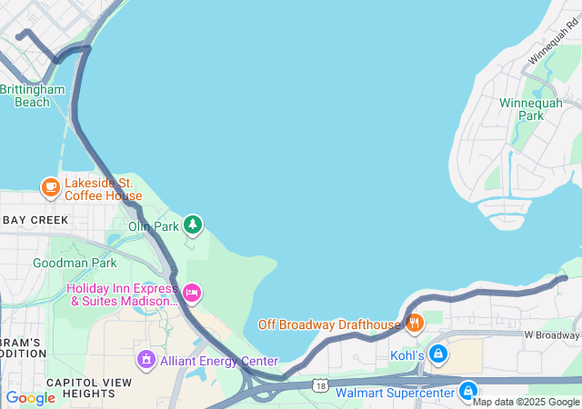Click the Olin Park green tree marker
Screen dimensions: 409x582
click(x=192, y=224)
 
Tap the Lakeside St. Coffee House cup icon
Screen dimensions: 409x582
click(x=50, y=187)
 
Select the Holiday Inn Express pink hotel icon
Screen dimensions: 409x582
click(x=191, y=293)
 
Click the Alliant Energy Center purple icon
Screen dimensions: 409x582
click(x=145, y=361)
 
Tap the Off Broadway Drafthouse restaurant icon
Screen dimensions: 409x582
click(x=415, y=324)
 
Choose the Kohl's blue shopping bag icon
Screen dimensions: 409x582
click(x=438, y=353)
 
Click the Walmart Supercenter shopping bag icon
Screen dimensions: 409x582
click(x=467, y=390)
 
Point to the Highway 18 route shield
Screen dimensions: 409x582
click(x=320, y=385)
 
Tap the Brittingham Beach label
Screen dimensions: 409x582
click(x=33, y=95)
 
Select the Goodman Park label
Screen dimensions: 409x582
click(x=75, y=263)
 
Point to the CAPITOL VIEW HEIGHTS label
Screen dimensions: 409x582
click(x=81, y=388)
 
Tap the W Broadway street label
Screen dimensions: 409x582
click(x=552, y=334)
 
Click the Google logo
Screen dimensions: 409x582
click(x=30, y=398)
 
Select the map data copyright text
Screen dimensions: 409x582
click(x=526, y=402)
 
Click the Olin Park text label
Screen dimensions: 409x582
click(x=153, y=226)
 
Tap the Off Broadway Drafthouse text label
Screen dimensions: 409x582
click(x=329, y=324)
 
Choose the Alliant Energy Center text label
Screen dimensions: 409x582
click(x=218, y=361)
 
